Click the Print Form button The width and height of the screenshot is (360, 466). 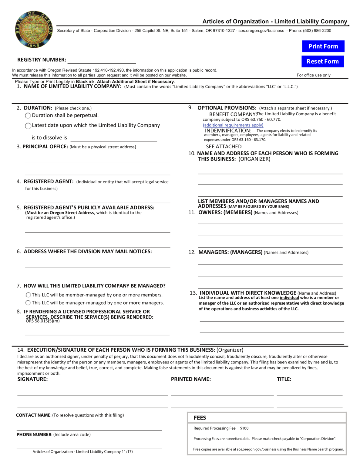pos(323,46)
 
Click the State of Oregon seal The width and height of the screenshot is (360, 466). pos(34,30)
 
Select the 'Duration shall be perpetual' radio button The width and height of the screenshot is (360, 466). pos(28,116)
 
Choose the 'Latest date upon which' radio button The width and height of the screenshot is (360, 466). pos(28,126)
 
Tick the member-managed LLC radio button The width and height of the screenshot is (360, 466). pos(28,295)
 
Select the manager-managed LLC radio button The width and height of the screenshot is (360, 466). pos(28,303)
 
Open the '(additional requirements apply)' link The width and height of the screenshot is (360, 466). pos(233,125)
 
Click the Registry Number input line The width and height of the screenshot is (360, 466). pos(102,61)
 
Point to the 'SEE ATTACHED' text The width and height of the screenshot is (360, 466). pos(224,147)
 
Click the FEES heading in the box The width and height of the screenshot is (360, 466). pos(200,418)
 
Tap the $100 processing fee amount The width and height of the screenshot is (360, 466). pos(244,428)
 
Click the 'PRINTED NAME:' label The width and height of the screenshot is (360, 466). pos(191,379)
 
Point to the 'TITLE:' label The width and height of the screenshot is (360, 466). pos(284,379)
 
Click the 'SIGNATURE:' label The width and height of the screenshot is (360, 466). pos(32,379)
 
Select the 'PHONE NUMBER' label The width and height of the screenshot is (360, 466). pos(34,435)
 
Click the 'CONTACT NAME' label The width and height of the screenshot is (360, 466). pos(33,415)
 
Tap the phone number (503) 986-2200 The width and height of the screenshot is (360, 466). pos(317,31)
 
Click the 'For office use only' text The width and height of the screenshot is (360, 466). pos(314,75)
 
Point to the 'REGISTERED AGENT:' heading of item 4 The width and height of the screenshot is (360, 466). pos(49,181)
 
